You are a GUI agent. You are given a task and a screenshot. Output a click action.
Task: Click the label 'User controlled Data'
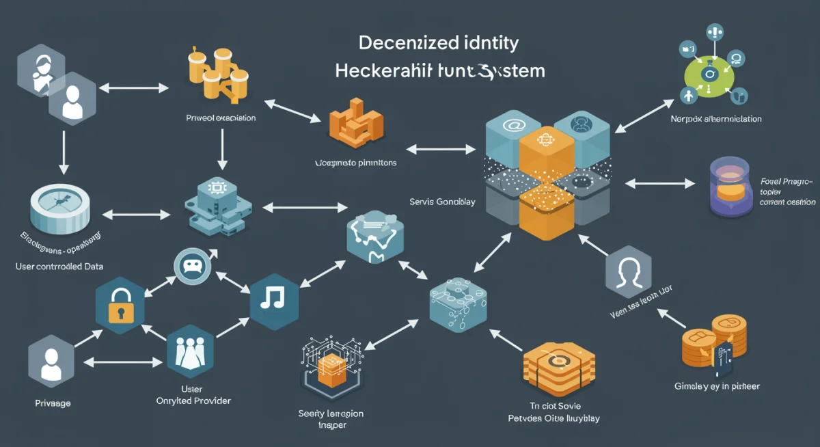click(59, 266)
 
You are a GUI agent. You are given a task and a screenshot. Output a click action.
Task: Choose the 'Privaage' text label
click(53, 403)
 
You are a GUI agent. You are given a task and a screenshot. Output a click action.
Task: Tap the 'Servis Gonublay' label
click(437, 202)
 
